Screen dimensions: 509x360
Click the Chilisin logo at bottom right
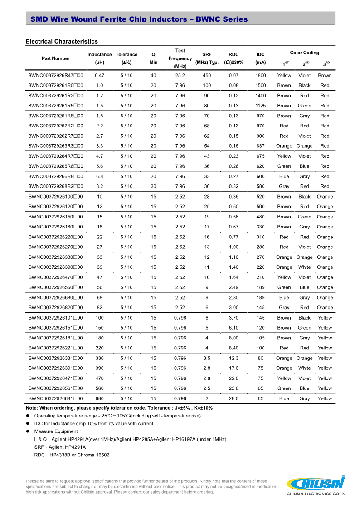[x=315, y=485]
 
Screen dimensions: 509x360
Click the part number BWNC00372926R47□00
[x=55, y=75]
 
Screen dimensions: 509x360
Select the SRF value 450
[x=207, y=75]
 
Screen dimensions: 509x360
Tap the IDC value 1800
[x=260, y=75]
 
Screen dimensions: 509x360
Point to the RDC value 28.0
[x=234, y=398]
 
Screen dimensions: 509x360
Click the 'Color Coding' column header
[x=304, y=53]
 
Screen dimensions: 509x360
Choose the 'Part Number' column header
[x=56, y=58]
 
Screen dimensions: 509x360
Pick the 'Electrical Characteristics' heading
[x=62, y=42]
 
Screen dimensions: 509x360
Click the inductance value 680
[x=99, y=398]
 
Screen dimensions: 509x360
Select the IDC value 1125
[x=260, y=106]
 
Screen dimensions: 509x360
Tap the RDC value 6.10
[x=234, y=328]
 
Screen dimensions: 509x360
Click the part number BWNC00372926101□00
[x=55, y=318]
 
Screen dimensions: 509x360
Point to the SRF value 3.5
[x=207, y=358]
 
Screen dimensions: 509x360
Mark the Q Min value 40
[x=153, y=75]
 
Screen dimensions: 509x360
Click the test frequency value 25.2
[x=180, y=75]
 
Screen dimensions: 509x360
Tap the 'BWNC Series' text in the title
[x=222, y=19]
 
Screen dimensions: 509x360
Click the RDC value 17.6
[x=234, y=368]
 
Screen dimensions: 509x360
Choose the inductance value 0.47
[x=99, y=75]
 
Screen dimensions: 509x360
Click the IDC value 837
[x=260, y=146]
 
